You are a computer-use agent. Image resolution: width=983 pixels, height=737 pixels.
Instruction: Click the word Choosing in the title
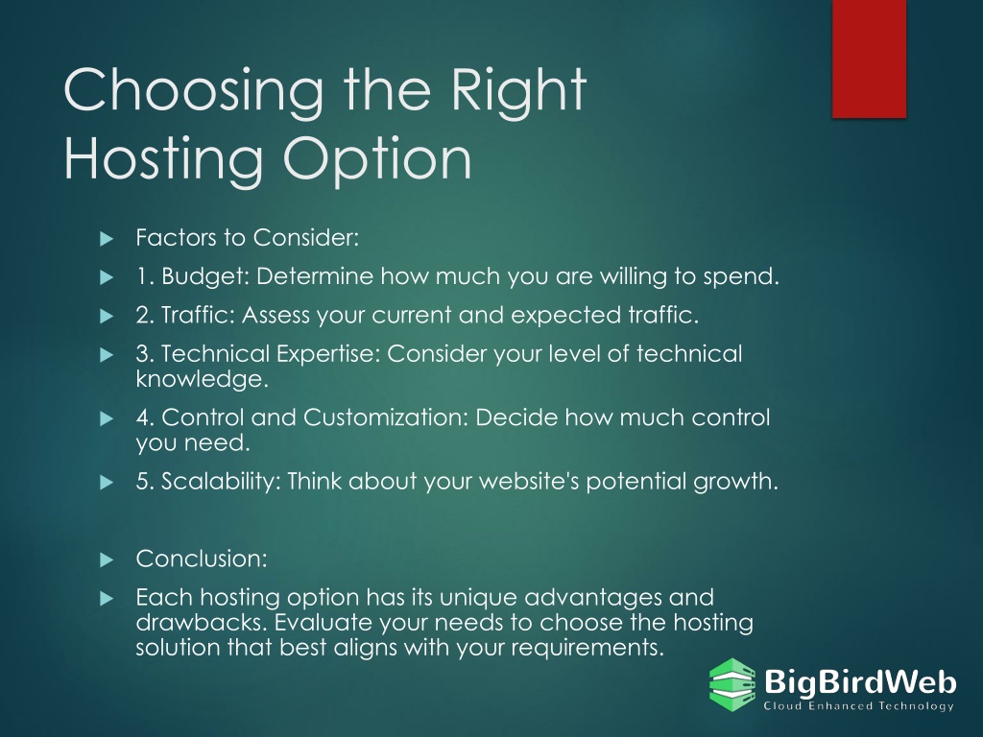pos(194,92)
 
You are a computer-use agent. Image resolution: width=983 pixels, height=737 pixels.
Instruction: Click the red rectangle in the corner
pos(869,59)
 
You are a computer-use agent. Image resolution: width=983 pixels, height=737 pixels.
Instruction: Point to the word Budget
pos(205,276)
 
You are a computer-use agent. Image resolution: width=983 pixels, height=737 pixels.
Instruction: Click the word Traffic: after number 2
pos(198,315)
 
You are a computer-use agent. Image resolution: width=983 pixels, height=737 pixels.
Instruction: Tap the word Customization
pos(386,417)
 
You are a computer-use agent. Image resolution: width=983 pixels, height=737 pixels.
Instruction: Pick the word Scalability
pos(221,482)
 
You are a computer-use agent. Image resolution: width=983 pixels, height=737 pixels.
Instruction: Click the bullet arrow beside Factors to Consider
pos(107,239)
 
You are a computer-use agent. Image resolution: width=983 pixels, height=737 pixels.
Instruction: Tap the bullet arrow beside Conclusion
pos(107,559)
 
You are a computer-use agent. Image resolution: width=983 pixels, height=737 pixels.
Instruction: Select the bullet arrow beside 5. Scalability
pos(107,483)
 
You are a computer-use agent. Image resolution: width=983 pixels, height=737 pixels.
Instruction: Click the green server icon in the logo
pos(732,684)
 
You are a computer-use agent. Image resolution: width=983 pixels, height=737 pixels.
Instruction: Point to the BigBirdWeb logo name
pos(860,681)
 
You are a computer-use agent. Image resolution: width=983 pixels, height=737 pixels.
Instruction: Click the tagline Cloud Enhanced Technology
pos(858,706)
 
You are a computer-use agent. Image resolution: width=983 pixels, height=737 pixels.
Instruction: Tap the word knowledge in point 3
pos(202,380)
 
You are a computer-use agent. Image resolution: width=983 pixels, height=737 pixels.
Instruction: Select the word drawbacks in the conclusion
pos(202,623)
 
